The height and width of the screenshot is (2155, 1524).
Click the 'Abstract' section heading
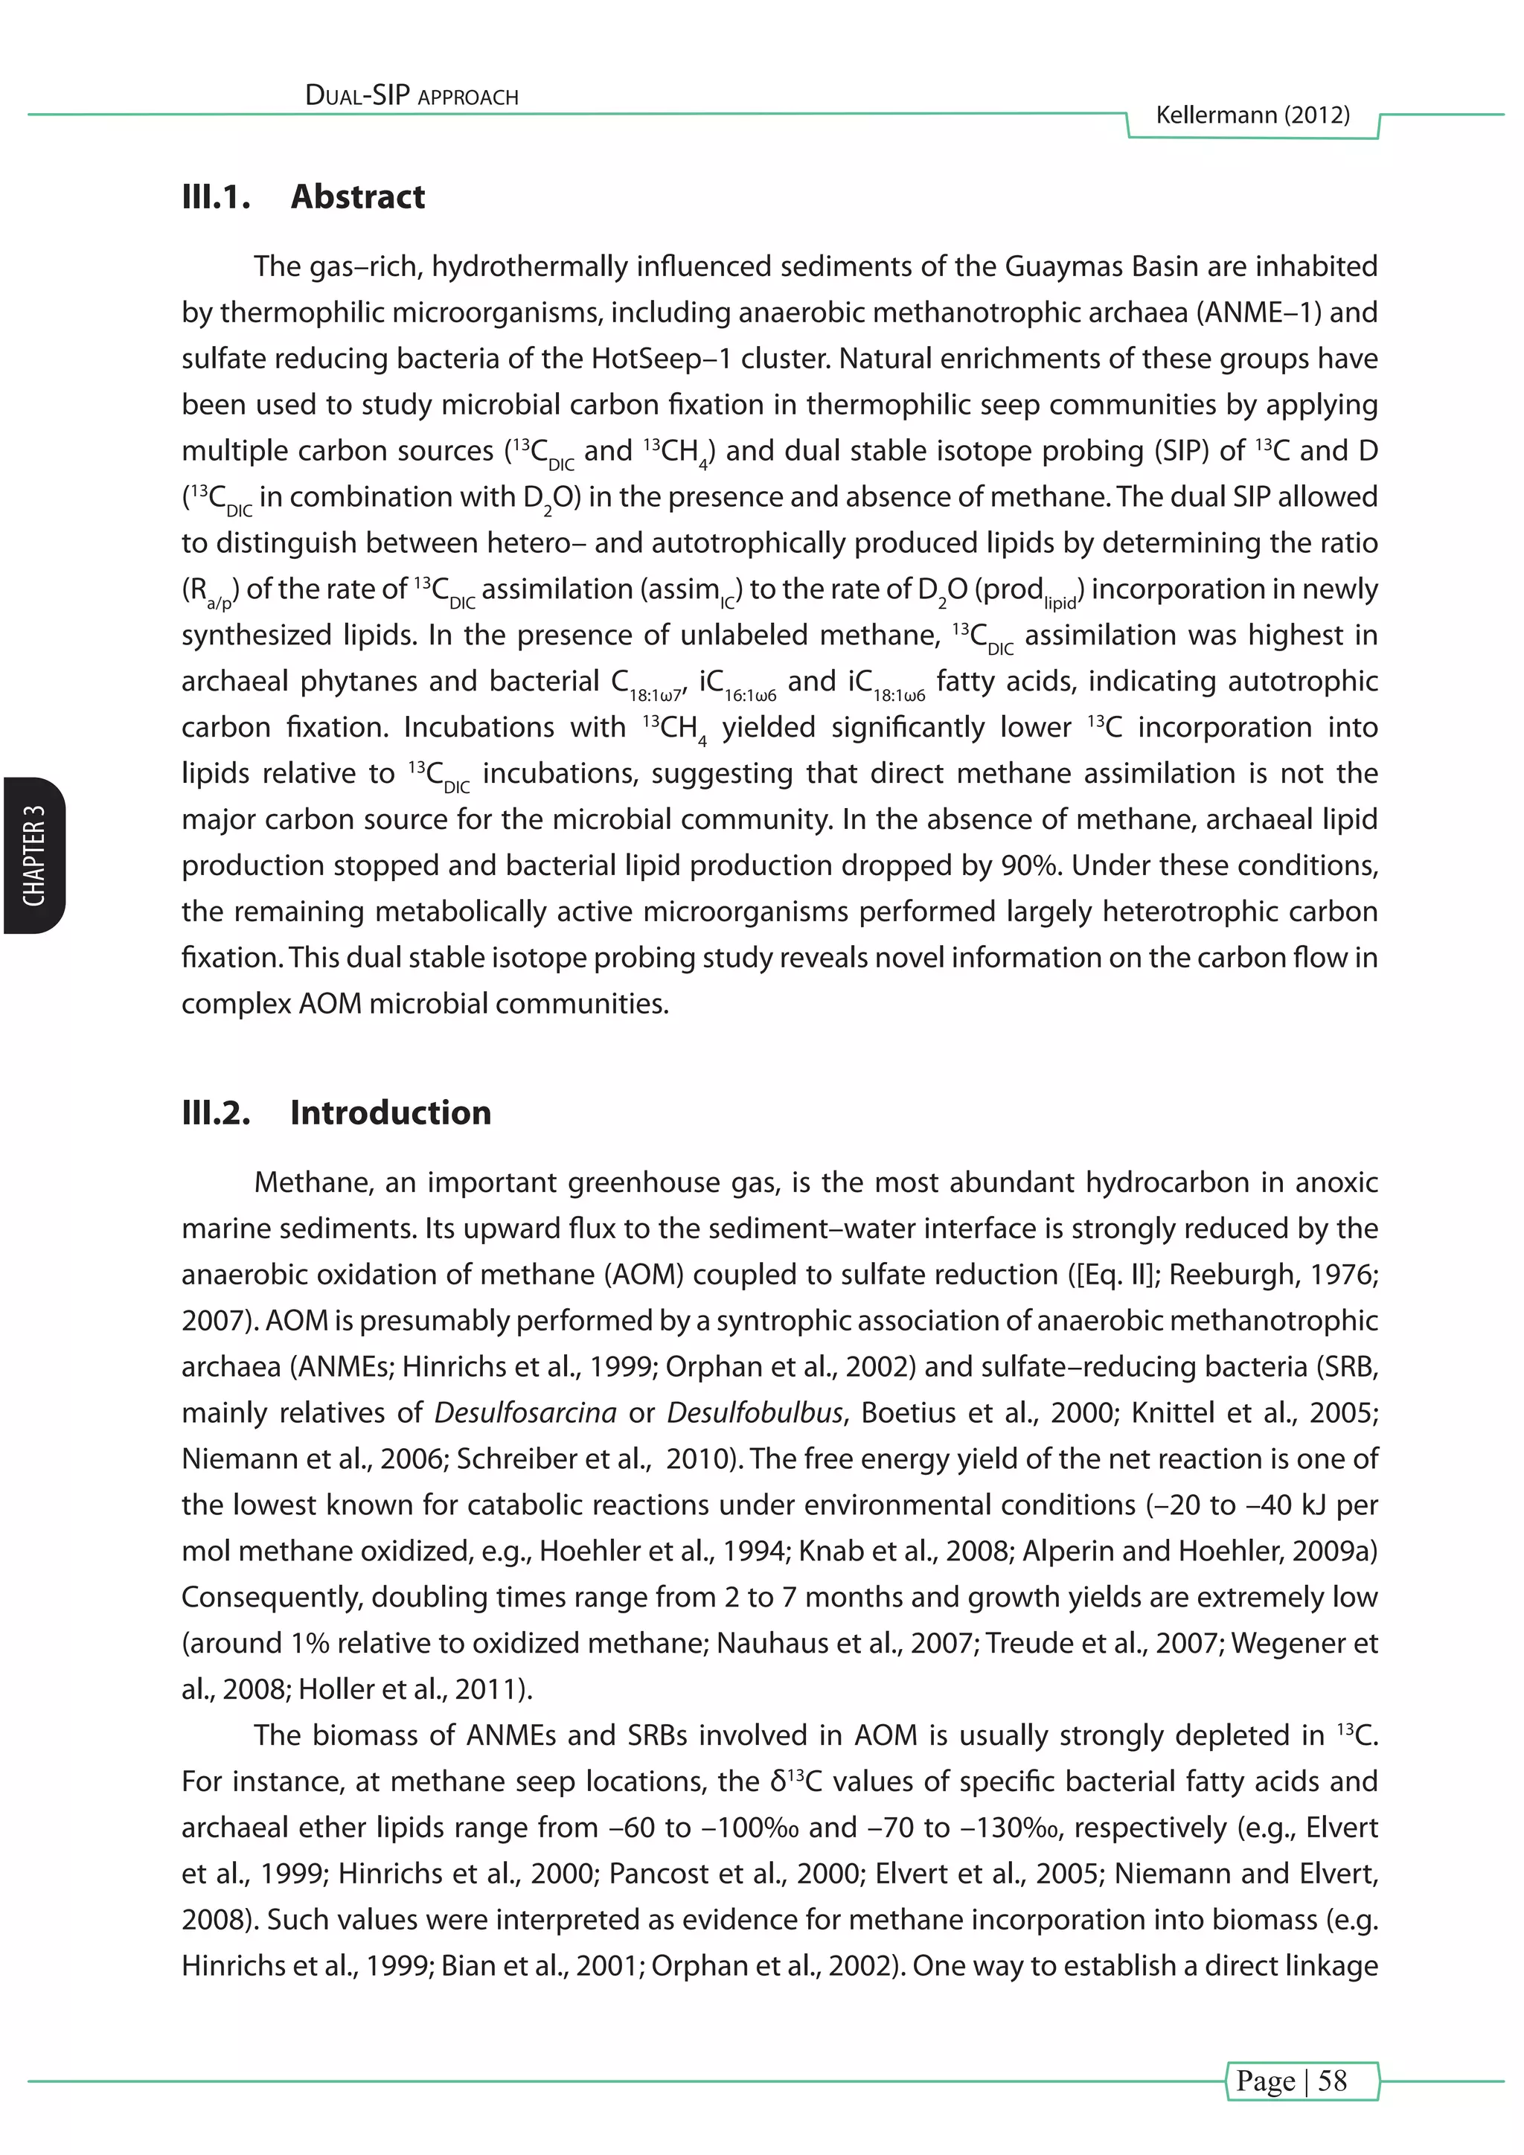point(357,197)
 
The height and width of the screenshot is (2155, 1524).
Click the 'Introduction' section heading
point(391,1112)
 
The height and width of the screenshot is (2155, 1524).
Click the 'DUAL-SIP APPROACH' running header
point(412,96)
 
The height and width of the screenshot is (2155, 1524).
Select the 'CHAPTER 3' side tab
point(33,855)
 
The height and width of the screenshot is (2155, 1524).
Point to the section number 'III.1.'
point(216,197)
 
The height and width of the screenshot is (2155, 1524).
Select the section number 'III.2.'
point(216,1112)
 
